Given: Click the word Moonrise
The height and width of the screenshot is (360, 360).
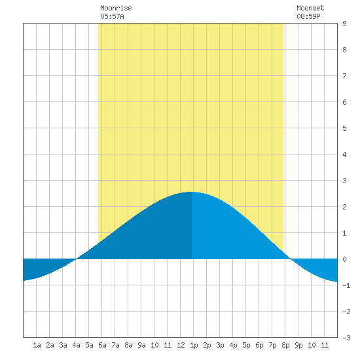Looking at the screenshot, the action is tap(116, 8).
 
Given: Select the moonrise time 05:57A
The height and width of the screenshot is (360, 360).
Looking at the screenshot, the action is tap(112, 16).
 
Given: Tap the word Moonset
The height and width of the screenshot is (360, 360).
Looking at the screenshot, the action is tap(310, 8).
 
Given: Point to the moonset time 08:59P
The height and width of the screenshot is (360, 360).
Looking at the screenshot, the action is tap(308, 16).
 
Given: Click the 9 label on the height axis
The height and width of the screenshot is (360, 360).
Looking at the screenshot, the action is tap(344, 24).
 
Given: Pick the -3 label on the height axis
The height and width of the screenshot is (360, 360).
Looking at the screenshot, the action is tap(346, 338).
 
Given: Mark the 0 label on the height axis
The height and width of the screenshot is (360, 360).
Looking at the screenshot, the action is tap(344, 259).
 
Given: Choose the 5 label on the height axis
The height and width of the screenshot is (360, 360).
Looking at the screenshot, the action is tap(344, 128).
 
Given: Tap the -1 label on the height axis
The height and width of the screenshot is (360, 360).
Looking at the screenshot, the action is tap(346, 285).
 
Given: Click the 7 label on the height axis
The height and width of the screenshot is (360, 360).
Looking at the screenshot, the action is tap(344, 76).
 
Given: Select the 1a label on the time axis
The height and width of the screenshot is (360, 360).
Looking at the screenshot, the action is tap(37, 345).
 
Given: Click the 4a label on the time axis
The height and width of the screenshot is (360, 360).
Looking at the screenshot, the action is tap(76, 345).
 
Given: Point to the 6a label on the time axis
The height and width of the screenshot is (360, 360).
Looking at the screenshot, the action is tap(102, 345).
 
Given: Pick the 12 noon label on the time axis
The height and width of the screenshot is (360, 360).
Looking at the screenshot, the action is tap(181, 345).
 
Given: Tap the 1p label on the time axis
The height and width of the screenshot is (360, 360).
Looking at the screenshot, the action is tap(194, 345).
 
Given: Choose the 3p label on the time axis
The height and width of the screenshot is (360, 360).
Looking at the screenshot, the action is tap(220, 345).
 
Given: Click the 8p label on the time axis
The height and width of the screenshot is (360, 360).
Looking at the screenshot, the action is tap(285, 345).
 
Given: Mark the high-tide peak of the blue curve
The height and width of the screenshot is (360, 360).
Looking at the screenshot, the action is tap(192, 192).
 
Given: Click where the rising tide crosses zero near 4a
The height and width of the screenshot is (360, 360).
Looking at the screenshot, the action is tap(76, 259).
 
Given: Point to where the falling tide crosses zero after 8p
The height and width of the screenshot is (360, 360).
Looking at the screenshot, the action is tap(291, 259).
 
